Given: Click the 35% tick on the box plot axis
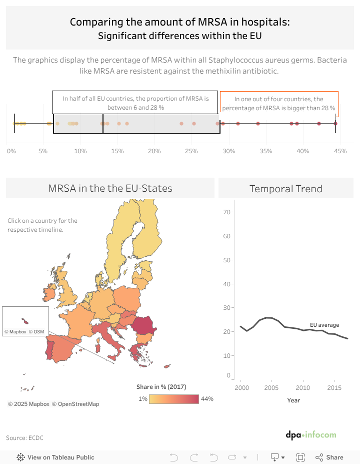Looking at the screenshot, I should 266,151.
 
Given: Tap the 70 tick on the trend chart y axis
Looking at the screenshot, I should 226,212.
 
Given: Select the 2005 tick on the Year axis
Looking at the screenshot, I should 271,388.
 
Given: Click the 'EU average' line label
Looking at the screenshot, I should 324,325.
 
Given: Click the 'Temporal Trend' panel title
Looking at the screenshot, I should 285,189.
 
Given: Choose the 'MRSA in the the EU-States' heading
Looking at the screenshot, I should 110,189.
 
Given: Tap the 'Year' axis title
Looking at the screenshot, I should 293,400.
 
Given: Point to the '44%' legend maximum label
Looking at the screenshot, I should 207,399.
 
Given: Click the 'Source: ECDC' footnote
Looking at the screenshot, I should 24,438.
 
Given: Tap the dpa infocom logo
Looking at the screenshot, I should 311,435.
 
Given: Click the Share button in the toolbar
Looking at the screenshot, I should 329,457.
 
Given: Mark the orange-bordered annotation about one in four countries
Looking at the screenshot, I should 279,104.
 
